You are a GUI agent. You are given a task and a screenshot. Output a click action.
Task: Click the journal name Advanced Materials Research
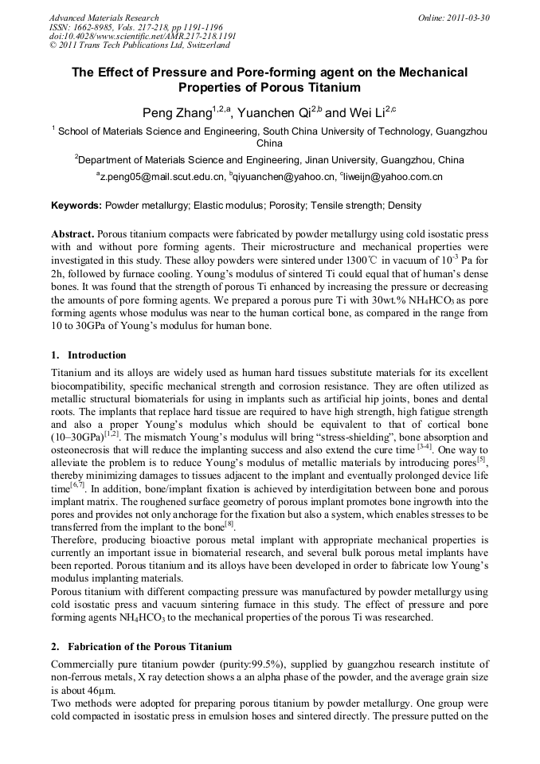point(104,17)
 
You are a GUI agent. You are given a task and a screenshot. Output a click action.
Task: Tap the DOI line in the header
point(143,36)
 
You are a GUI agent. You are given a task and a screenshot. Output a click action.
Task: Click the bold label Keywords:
point(76,206)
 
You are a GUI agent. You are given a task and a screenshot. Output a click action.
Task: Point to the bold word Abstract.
point(72,235)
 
